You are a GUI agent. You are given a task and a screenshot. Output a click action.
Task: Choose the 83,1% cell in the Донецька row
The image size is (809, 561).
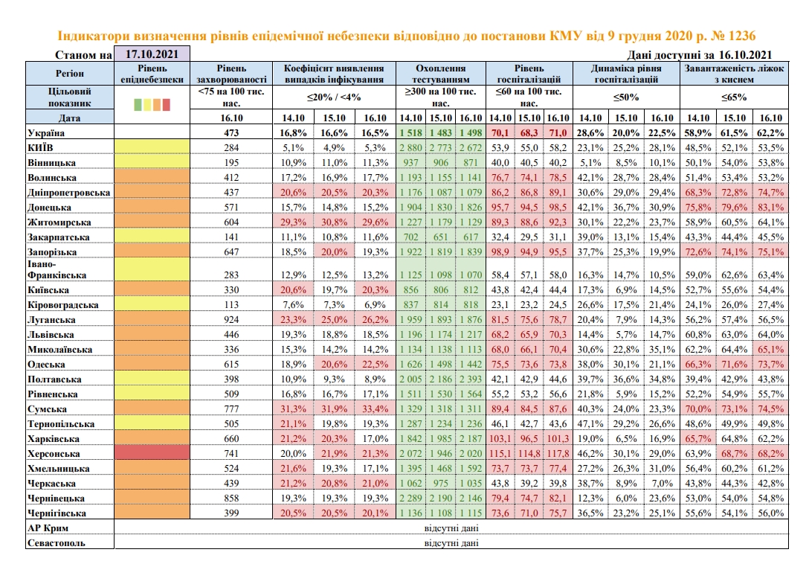click(x=770, y=207)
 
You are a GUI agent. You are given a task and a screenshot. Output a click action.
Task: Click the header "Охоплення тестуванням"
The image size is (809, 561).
click(x=441, y=72)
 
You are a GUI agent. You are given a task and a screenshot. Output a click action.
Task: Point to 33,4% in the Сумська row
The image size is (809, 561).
click(x=373, y=408)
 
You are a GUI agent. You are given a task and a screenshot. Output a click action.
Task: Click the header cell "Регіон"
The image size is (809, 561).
click(x=70, y=73)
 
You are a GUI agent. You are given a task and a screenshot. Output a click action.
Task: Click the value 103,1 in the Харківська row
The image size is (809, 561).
click(x=500, y=438)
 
